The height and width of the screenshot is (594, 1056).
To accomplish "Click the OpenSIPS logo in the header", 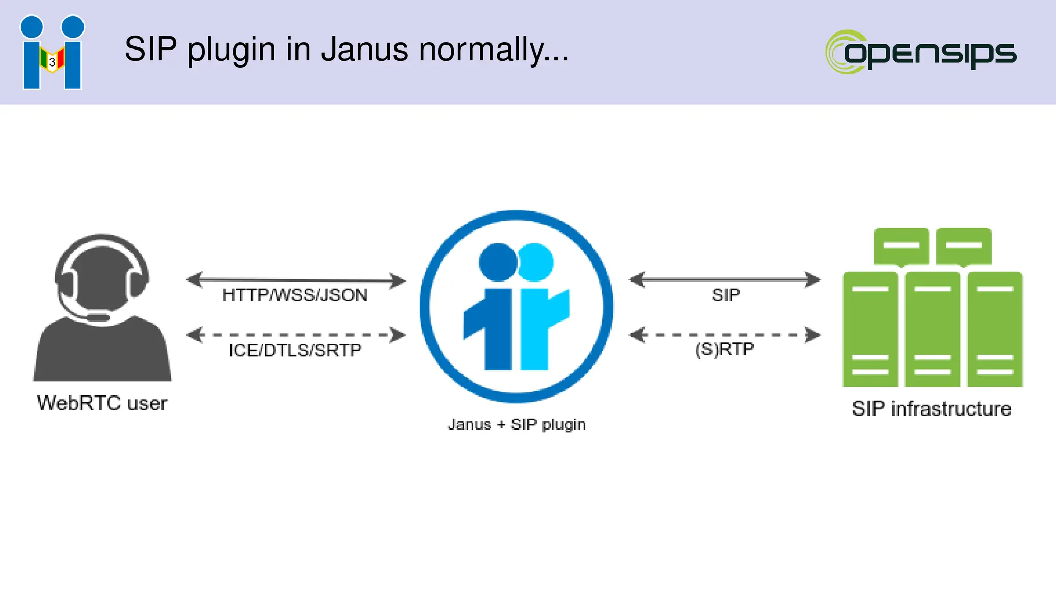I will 921,52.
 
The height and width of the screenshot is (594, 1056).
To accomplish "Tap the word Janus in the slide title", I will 364,49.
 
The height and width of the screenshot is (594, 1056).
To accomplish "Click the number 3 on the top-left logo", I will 52,62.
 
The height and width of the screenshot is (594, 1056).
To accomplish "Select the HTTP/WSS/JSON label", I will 295,295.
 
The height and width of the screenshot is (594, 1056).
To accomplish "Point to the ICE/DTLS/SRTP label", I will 295,351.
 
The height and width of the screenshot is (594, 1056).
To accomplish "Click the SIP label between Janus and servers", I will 725,295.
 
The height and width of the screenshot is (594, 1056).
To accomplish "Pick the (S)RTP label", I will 724,349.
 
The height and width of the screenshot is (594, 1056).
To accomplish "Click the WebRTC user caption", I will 102,403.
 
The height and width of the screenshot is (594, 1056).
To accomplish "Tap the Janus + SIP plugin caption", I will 517,424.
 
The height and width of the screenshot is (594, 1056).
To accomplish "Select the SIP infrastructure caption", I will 932,408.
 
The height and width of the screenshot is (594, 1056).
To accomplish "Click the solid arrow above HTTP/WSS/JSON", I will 295,280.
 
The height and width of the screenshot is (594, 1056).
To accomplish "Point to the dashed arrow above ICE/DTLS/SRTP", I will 295,335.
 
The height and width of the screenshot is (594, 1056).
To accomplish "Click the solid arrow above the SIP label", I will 724,279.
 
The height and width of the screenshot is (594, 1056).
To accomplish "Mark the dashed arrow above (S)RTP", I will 724,335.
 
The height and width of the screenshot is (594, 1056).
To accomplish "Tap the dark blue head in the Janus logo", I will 497,262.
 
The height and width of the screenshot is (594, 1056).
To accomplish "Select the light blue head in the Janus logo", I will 536,262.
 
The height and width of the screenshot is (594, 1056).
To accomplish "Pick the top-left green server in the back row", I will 901,246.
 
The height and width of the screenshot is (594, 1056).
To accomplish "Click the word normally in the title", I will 494,49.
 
